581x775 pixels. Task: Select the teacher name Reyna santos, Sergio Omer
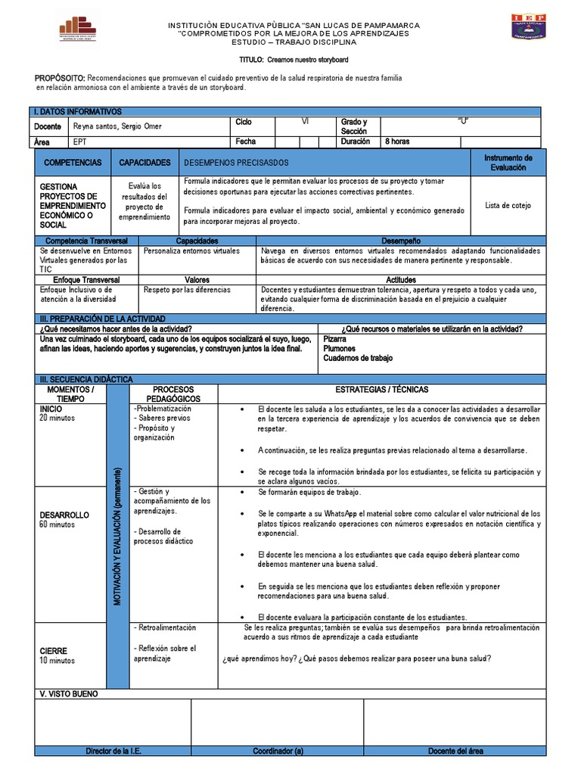(117, 126)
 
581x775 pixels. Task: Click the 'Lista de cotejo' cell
(508, 205)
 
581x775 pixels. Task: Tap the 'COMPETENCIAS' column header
(73, 163)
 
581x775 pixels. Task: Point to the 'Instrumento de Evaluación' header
(508, 163)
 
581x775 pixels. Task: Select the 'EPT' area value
(80, 142)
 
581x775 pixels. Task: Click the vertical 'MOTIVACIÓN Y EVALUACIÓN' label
(117, 539)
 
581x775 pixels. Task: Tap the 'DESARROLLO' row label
(64, 515)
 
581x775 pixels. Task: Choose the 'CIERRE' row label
(54, 651)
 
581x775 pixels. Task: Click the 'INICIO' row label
(51, 408)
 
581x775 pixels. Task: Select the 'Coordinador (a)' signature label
(278, 751)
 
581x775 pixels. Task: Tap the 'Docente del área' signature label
(455, 751)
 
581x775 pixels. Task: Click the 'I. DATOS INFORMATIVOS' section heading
(79, 111)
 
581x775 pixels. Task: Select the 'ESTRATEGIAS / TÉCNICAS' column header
(381, 389)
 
